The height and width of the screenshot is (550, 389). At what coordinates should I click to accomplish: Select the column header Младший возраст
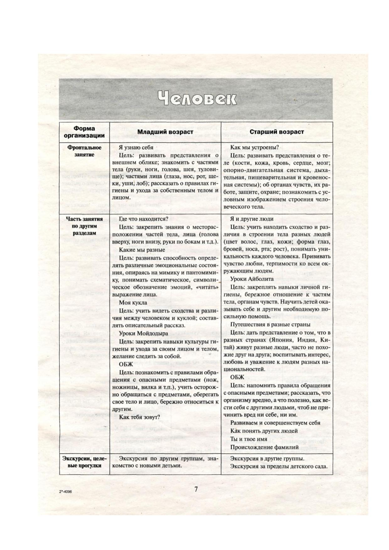pyautogui.click(x=165, y=132)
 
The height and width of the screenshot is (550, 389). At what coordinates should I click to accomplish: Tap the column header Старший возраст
pyautogui.click(x=276, y=132)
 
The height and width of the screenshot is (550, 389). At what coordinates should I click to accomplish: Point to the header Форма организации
pyautogui.click(x=84, y=132)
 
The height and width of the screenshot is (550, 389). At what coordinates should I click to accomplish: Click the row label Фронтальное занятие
pyautogui.click(x=84, y=151)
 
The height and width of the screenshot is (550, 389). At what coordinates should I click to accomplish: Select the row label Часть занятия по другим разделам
pyautogui.click(x=84, y=226)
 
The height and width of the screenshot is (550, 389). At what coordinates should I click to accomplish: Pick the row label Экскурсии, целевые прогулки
pyautogui.click(x=84, y=462)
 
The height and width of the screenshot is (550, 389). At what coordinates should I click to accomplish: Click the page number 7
pyautogui.click(x=196, y=489)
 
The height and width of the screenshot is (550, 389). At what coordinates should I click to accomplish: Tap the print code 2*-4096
pyautogui.click(x=65, y=492)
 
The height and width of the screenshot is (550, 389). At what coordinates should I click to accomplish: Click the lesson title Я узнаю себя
pyautogui.click(x=136, y=148)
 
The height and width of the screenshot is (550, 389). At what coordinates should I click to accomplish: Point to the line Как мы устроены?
pyautogui.click(x=254, y=147)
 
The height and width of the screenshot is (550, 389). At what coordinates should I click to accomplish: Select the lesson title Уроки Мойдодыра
pyautogui.click(x=143, y=333)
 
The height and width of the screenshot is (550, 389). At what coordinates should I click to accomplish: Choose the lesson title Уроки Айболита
pyautogui.click(x=252, y=279)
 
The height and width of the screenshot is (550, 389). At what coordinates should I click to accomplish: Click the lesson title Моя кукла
pyautogui.click(x=133, y=303)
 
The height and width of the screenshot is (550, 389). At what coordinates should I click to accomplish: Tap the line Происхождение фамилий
pyautogui.click(x=264, y=447)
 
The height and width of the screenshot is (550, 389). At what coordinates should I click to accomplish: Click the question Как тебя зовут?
pyautogui.click(x=139, y=417)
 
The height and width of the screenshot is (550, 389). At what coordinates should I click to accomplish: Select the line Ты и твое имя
pyautogui.click(x=248, y=439)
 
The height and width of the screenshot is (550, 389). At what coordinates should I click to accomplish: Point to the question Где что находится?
pyautogui.click(x=143, y=219)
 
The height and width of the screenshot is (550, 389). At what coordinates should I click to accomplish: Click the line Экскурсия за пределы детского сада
pyautogui.click(x=279, y=466)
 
